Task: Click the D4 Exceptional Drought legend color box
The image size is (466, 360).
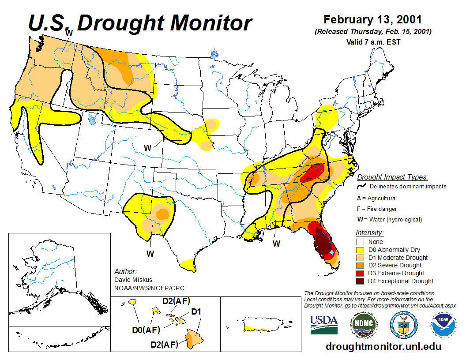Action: click(x=360, y=281)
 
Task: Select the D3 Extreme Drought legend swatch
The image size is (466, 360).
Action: click(x=360, y=273)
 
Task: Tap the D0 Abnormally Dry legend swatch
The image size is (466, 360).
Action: click(x=360, y=250)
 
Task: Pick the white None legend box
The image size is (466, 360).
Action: click(x=360, y=242)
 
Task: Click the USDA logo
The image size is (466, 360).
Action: click(x=324, y=325)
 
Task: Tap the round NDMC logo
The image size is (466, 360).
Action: click(x=364, y=324)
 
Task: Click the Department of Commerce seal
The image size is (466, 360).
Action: click(x=403, y=325)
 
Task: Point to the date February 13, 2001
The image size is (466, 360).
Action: click(x=373, y=20)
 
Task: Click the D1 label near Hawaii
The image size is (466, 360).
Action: click(x=196, y=312)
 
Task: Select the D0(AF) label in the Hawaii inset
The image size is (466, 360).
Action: click(x=147, y=329)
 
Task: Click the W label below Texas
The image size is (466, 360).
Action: click(x=150, y=254)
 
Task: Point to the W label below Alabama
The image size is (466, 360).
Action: click(x=276, y=243)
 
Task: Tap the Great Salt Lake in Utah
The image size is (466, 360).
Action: click(x=92, y=119)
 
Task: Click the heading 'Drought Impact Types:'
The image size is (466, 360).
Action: click(x=392, y=177)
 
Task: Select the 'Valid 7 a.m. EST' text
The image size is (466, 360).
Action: click(x=373, y=42)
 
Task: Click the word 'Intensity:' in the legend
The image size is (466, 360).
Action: click(x=369, y=232)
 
